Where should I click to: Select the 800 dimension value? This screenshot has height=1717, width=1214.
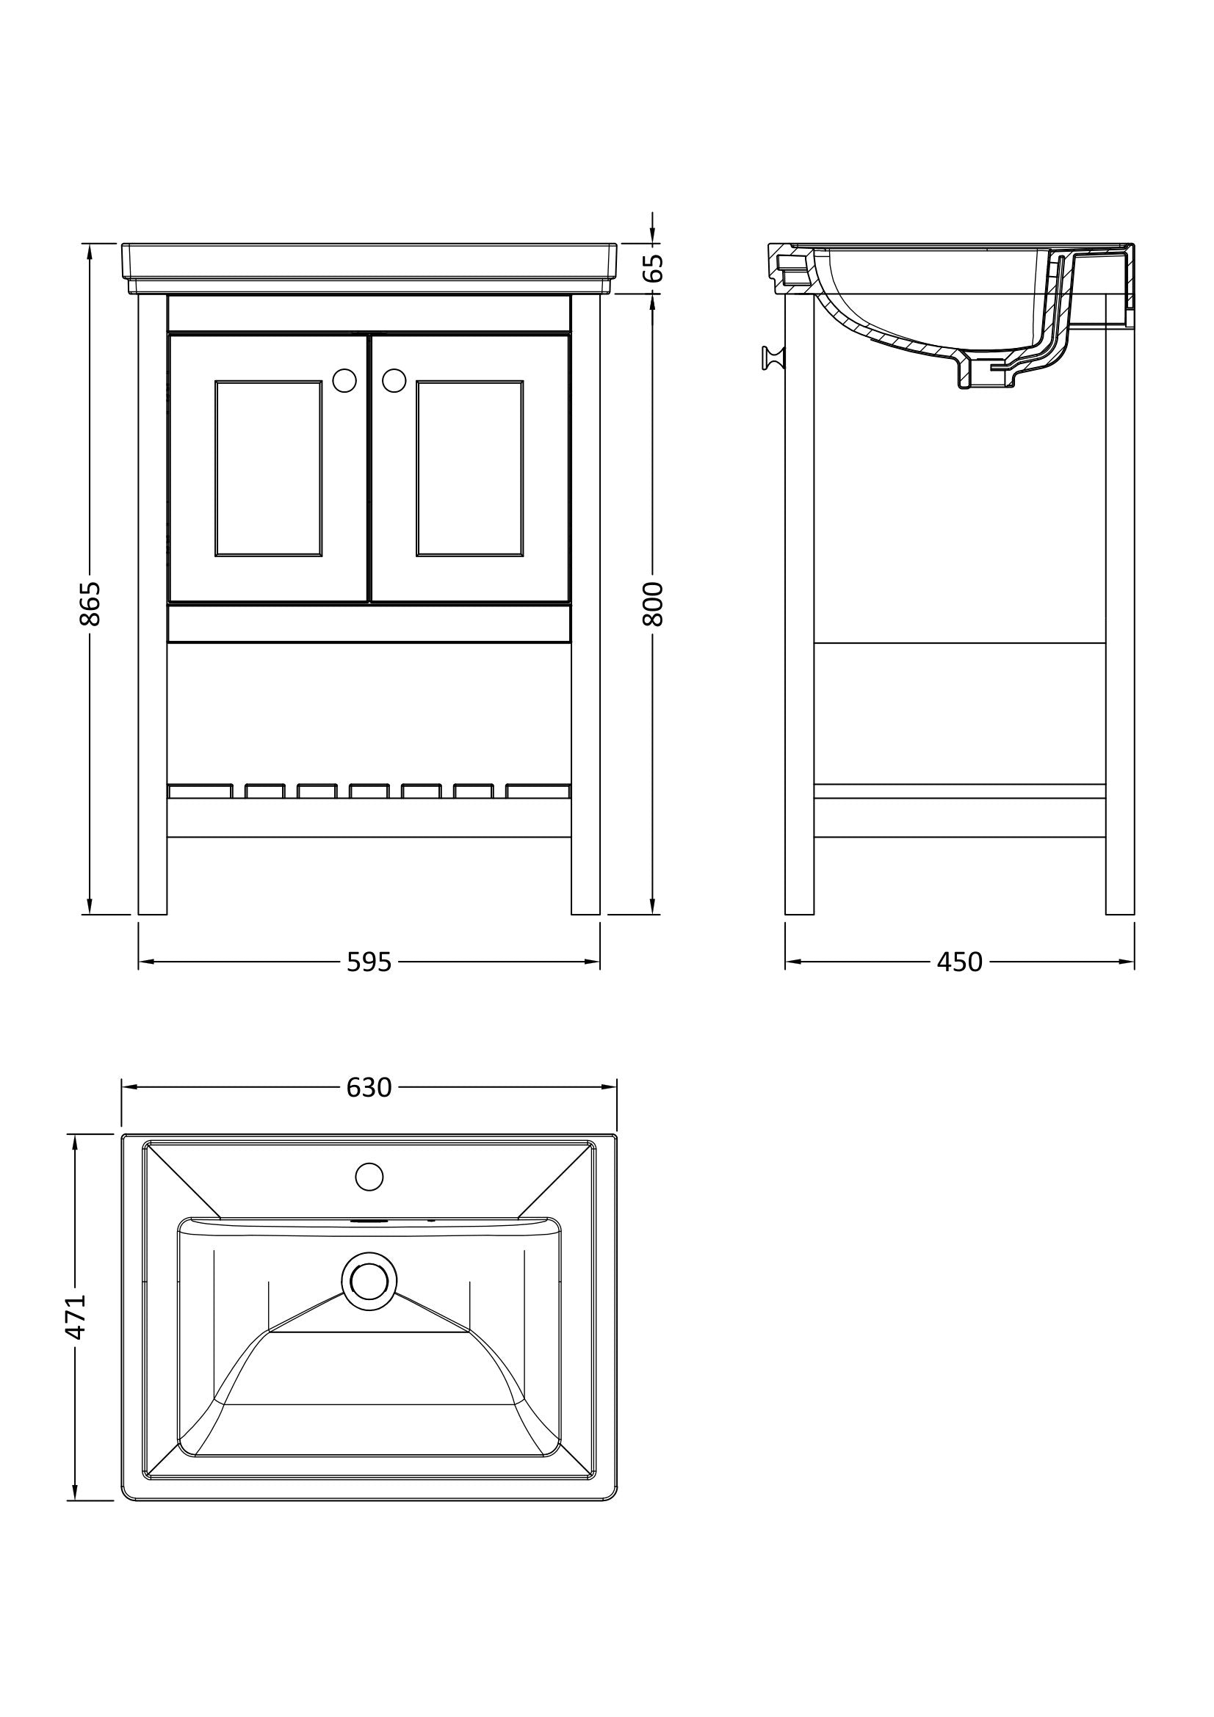653,603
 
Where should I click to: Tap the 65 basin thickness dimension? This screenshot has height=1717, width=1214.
653,267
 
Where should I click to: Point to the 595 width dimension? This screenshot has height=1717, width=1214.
369,962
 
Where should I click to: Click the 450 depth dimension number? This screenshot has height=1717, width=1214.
959,962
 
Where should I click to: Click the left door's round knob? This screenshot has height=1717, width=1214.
344,381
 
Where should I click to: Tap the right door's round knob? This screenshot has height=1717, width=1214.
394,381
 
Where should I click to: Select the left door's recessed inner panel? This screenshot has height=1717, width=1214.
269,468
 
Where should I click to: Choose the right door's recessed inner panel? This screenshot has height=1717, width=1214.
470,468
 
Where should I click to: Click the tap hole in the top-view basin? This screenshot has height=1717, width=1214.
369,1176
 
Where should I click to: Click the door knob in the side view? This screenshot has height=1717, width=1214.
772,358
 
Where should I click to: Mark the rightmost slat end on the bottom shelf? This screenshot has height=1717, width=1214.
538,791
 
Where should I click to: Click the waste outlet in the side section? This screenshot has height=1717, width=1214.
986,377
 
